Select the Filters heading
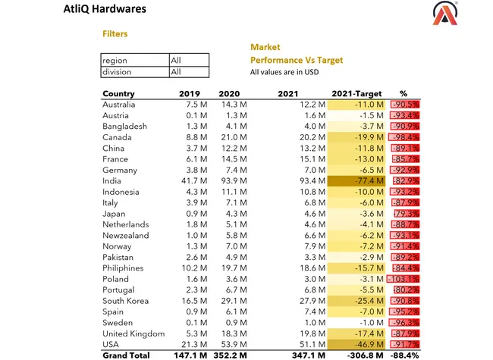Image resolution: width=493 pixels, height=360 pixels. pyautogui.click(x=115, y=34)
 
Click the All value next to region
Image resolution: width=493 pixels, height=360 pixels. pyautogui.click(x=175, y=60)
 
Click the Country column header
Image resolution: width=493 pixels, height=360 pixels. pyautogui.click(x=118, y=93)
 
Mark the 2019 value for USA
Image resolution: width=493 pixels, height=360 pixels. pyautogui.click(x=190, y=345)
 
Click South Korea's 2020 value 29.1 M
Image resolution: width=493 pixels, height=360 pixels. pyautogui.click(x=226, y=301)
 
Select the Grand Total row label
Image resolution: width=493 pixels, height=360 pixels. pyautogui.click(x=127, y=355)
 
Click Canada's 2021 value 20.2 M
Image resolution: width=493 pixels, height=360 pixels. pyautogui.click(x=311, y=137)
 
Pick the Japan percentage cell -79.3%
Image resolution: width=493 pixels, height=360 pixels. pyautogui.click(x=406, y=214)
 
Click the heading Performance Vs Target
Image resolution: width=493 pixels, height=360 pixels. pyautogui.click(x=297, y=60)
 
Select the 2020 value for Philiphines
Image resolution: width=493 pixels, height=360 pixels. pyautogui.click(x=226, y=268)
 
